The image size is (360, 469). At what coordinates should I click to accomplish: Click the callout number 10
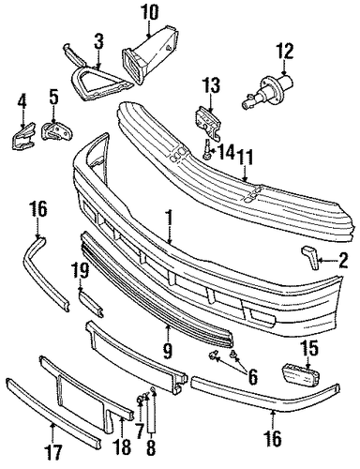click(x=149, y=13)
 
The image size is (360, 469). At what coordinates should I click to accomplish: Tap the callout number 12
click(x=284, y=51)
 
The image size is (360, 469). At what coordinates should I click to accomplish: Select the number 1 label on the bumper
click(x=169, y=218)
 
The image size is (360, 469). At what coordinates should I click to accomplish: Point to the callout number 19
click(x=81, y=270)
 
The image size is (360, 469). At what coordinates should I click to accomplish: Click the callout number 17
click(x=52, y=453)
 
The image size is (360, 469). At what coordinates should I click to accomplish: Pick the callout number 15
click(x=309, y=348)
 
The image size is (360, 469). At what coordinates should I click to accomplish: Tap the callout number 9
click(x=168, y=351)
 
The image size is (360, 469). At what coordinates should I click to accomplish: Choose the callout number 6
click(x=252, y=376)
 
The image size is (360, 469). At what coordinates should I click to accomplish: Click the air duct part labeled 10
click(x=151, y=57)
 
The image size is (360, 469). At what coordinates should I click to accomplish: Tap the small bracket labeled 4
click(x=22, y=137)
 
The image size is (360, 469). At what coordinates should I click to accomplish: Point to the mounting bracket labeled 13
click(x=207, y=124)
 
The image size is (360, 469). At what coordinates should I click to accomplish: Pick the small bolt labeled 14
click(x=206, y=149)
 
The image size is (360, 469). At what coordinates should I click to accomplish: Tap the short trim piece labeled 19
click(x=91, y=303)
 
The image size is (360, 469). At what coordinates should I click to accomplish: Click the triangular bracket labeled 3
click(x=97, y=75)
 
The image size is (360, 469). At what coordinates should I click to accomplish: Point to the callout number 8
click(x=151, y=447)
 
